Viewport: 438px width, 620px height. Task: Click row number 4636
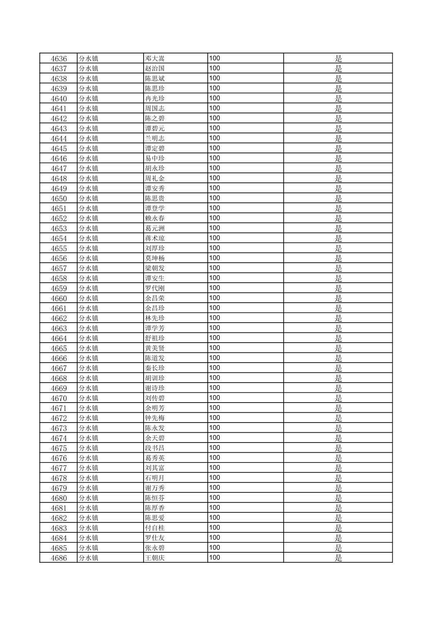click(59, 59)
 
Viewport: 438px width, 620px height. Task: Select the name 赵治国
click(155, 69)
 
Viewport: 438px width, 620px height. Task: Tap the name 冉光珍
click(155, 99)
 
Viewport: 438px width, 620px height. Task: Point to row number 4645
click(59, 148)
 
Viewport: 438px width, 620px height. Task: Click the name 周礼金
click(155, 179)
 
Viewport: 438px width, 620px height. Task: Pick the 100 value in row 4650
click(215, 198)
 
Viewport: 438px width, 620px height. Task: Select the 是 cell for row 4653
click(338, 228)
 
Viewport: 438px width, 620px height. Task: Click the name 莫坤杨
click(155, 258)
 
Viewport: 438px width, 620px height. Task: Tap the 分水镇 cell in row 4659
click(88, 288)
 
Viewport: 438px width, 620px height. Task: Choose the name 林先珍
click(155, 318)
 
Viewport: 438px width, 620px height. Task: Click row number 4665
click(59, 348)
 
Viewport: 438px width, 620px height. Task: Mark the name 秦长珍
click(155, 368)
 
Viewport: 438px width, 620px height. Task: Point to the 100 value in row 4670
click(215, 398)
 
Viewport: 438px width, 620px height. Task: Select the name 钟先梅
click(155, 418)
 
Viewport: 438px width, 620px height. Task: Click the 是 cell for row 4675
click(338, 448)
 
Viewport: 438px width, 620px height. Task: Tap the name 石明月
click(155, 478)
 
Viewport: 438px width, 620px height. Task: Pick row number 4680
click(59, 498)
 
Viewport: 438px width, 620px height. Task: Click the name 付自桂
click(155, 528)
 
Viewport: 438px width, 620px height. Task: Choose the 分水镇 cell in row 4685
click(88, 548)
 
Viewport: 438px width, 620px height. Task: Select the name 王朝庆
click(155, 558)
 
